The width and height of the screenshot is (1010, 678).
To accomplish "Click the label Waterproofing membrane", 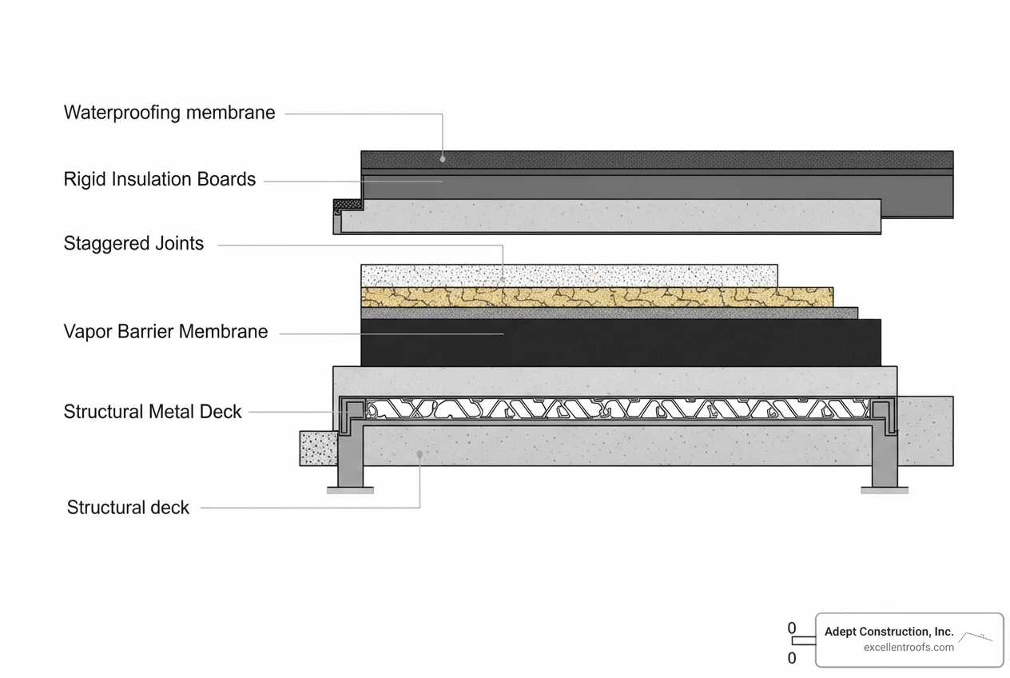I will [x=169, y=113].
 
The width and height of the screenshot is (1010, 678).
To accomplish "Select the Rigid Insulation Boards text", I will [x=160, y=180].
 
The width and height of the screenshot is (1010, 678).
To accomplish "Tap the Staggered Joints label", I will [x=133, y=244].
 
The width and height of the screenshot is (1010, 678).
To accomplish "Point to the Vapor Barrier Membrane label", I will [x=165, y=332].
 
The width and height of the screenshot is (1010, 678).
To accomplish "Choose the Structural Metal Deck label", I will [x=153, y=413].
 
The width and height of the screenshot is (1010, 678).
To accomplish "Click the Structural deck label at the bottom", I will [x=128, y=508].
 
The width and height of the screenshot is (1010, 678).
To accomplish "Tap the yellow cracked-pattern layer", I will [x=596, y=297].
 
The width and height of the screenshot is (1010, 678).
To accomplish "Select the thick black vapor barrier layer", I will [x=620, y=342].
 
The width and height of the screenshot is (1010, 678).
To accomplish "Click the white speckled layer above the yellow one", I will [x=569, y=276].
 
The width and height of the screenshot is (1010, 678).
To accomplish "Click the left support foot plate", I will [x=350, y=490].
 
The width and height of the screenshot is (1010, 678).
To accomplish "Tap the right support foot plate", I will [x=884, y=490].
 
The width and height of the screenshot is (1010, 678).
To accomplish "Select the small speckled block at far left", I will [x=318, y=448].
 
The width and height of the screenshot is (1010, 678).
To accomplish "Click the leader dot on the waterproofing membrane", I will [x=442, y=158].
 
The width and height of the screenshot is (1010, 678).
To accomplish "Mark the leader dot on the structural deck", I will [x=420, y=453].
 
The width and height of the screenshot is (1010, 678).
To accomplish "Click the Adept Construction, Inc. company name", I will [x=889, y=632].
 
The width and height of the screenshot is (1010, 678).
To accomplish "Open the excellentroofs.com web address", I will [x=909, y=648].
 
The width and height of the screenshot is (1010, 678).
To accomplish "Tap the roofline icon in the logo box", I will [x=976, y=636].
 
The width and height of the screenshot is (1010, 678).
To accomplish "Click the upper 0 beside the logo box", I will [x=792, y=628].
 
